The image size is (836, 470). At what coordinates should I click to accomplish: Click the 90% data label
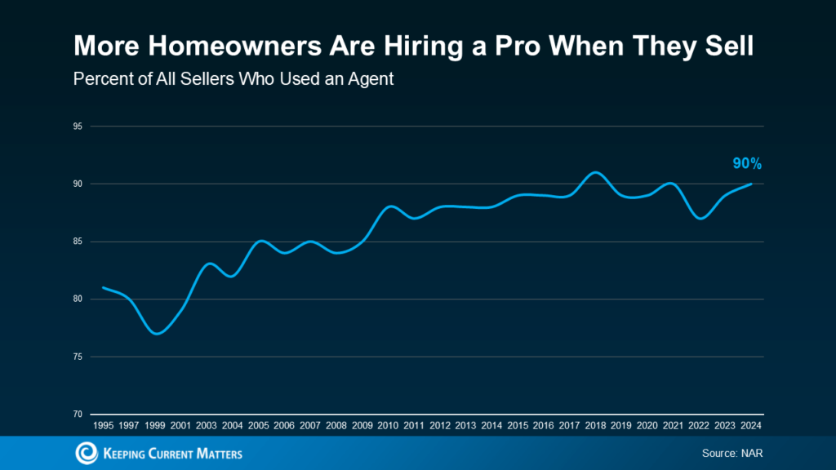coord(746,164)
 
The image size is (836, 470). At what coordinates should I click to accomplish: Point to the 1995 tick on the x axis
coord(104,426)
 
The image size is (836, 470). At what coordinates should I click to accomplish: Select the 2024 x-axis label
coord(751,426)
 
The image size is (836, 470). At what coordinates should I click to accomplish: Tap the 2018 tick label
coord(595,426)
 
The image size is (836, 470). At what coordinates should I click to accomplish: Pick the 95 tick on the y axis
coord(78,126)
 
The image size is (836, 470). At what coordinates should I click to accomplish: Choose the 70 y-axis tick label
coord(78,415)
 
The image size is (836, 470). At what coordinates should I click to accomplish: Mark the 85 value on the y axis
coord(78,242)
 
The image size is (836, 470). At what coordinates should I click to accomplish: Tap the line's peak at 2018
coord(595,172)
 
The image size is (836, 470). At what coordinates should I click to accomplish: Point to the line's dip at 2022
coord(699,219)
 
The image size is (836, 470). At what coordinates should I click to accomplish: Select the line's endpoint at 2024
coord(751,184)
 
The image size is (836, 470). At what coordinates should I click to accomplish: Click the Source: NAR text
coord(731,453)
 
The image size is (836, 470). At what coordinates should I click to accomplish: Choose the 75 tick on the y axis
coord(78,357)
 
